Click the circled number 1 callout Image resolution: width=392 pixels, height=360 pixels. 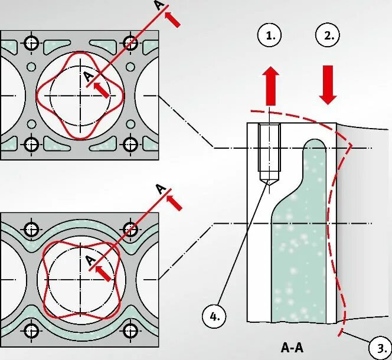270,37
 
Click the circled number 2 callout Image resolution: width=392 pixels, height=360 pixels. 328,36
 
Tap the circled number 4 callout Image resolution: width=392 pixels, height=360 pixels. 214,316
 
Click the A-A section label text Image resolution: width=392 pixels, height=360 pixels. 292,346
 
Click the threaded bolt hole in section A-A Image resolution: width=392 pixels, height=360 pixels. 269,153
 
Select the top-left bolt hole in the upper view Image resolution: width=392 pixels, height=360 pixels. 32,42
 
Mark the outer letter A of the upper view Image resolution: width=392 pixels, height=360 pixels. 158,6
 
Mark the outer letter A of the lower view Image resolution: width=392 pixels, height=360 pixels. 159,189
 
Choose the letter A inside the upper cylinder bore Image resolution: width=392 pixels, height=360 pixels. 88,77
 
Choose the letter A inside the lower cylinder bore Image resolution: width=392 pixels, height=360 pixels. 89,260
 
